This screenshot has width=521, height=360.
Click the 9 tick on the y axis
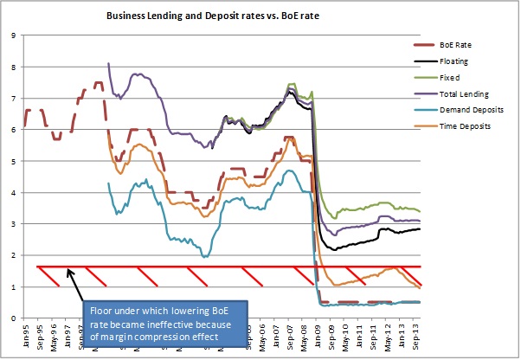pos(13,35)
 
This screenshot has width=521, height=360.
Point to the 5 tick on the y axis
pos(13,161)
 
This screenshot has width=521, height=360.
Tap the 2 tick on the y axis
pos(13,255)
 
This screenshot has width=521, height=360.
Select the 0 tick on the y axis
pos(13,318)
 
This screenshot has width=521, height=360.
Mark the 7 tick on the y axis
pos(13,99)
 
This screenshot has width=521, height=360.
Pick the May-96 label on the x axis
pos(52,334)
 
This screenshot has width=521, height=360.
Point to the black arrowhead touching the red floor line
pos(69,270)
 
